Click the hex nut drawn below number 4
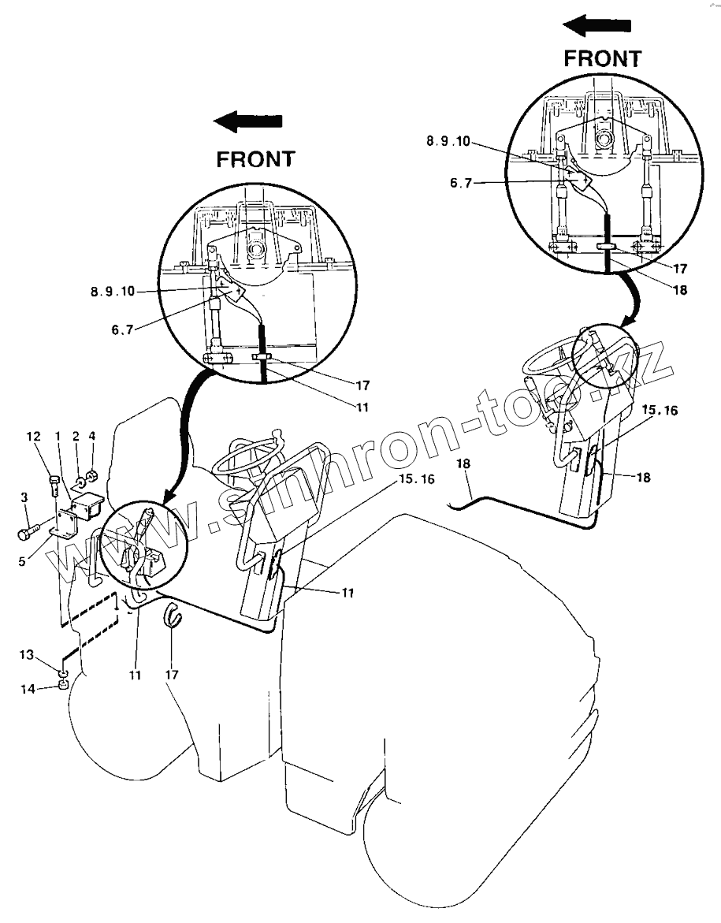point(92,475)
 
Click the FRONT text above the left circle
point(255,158)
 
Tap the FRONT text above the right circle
point(603,58)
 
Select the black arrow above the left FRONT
point(249,122)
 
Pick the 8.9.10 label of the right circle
point(448,141)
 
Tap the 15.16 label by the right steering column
point(659,411)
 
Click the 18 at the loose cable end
point(463,465)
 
